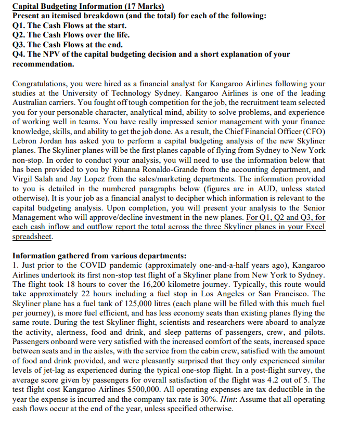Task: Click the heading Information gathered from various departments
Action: pyautogui.click(x=97, y=256)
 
